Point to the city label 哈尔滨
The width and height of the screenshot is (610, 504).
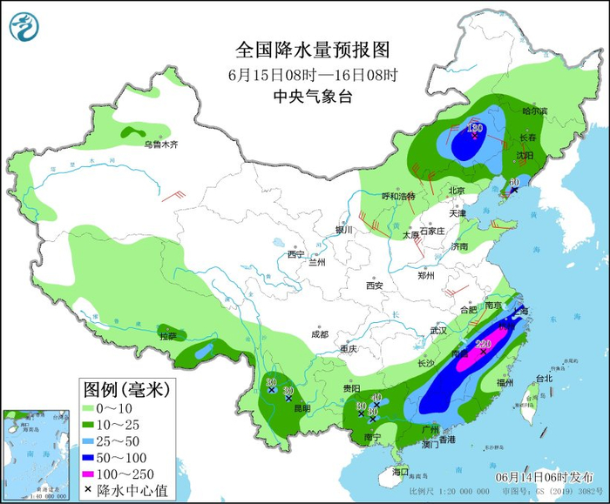point(534,111)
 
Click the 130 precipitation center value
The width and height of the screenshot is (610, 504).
point(475,128)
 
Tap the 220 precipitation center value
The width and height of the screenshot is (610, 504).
point(485,345)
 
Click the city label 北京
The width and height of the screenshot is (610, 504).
point(457,191)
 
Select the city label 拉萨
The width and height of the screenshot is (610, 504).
point(167,335)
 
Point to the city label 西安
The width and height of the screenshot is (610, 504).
point(375,285)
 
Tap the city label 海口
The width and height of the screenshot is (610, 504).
point(400,472)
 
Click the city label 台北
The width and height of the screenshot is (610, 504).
point(544,379)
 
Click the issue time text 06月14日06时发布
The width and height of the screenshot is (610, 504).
point(543,478)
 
